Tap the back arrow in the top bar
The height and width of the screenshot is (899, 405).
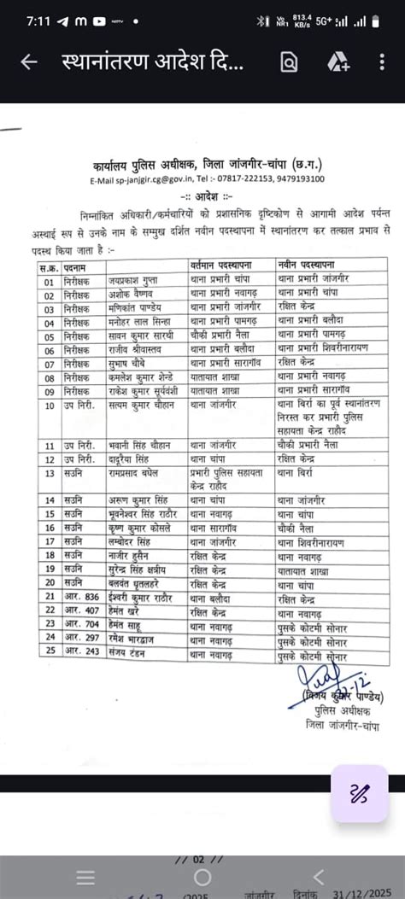tap(29, 62)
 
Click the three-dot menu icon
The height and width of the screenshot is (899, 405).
tap(381, 62)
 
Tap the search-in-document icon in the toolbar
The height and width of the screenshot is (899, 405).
tap(289, 62)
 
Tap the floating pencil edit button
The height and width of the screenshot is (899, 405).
tap(359, 794)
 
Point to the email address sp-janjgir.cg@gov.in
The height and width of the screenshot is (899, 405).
tap(143, 180)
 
